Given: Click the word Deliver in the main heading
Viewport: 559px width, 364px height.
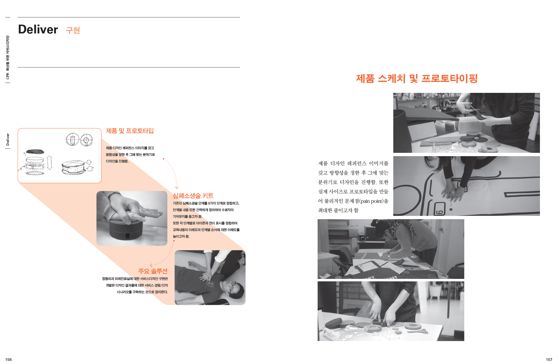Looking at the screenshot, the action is (38, 30).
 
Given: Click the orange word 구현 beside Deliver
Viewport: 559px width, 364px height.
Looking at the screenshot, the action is (73, 30).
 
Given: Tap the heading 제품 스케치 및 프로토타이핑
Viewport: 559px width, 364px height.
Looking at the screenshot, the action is (417, 78).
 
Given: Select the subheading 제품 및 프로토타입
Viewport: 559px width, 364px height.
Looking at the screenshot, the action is (130, 131).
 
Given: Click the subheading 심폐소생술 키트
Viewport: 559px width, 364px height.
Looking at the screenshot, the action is (193, 196).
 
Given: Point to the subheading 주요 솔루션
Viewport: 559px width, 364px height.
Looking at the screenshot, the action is (153, 271).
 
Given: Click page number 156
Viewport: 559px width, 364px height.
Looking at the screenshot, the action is (9, 360).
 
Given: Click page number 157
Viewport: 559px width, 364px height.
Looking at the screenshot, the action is (549, 360).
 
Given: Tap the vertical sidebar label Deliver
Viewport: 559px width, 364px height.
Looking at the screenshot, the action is (8, 140).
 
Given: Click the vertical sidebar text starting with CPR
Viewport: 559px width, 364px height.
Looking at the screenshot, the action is (8, 57).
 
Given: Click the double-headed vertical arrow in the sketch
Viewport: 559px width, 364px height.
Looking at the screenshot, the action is (49, 163).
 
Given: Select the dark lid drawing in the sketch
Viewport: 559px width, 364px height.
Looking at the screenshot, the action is (34, 151).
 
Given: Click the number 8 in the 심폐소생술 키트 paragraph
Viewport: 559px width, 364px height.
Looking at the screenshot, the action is (209, 203).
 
